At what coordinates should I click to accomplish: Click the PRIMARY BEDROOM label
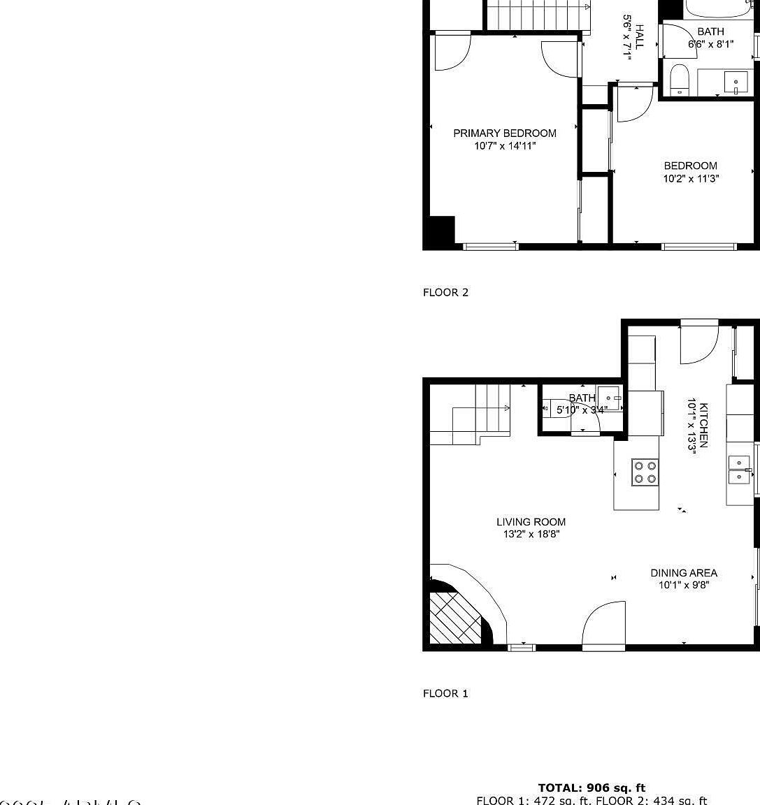[x=505, y=133]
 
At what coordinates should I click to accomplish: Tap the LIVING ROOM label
[x=531, y=521]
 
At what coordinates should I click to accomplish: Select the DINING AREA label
[x=683, y=572]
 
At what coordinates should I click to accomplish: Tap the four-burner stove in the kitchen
[x=645, y=472]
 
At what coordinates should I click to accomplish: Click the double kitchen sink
[x=739, y=470]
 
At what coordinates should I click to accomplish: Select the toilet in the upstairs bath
[x=680, y=79]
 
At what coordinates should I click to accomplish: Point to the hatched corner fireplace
[x=454, y=617]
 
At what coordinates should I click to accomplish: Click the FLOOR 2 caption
[x=445, y=292]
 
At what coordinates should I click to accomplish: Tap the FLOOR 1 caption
[x=445, y=693]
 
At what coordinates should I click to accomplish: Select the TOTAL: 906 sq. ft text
[x=591, y=788]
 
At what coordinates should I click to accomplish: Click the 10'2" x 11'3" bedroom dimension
[x=691, y=178]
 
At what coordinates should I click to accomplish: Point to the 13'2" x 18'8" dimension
[x=531, y=535]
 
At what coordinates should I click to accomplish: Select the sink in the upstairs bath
[x=736, y=82]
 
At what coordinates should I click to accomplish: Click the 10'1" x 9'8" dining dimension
[x=683, y=586]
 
